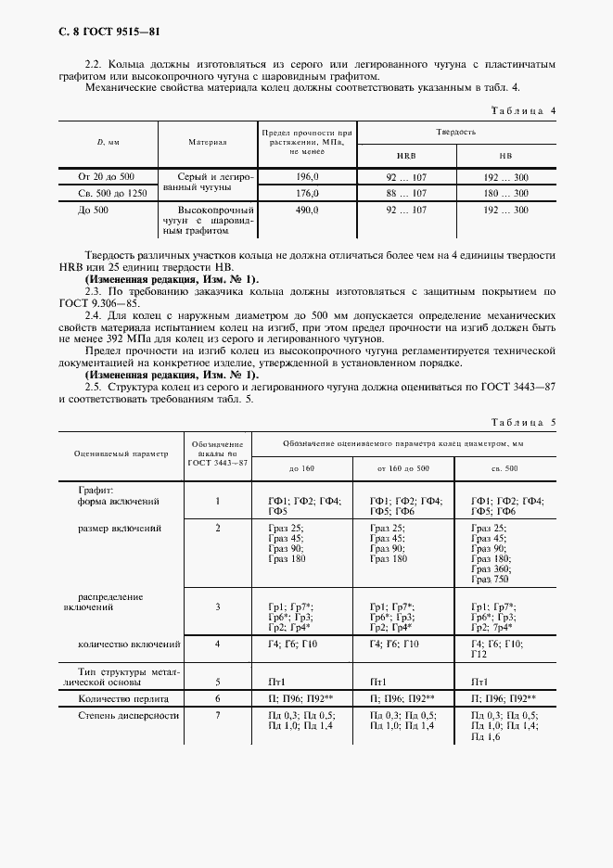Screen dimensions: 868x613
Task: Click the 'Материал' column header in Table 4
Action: pos(208,144)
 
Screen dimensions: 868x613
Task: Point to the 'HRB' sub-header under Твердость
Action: pos(406,157)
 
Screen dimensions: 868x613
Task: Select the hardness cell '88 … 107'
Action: pos(406,193)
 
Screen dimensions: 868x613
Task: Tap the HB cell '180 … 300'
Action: pos(506,193)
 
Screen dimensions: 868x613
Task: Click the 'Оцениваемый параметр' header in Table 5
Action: pos(121,453)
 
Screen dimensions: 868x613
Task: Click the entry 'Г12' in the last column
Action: pos(479,654)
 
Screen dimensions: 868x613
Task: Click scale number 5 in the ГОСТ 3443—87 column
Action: pos(218,680)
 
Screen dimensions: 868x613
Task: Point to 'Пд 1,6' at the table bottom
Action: pos(487,736)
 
